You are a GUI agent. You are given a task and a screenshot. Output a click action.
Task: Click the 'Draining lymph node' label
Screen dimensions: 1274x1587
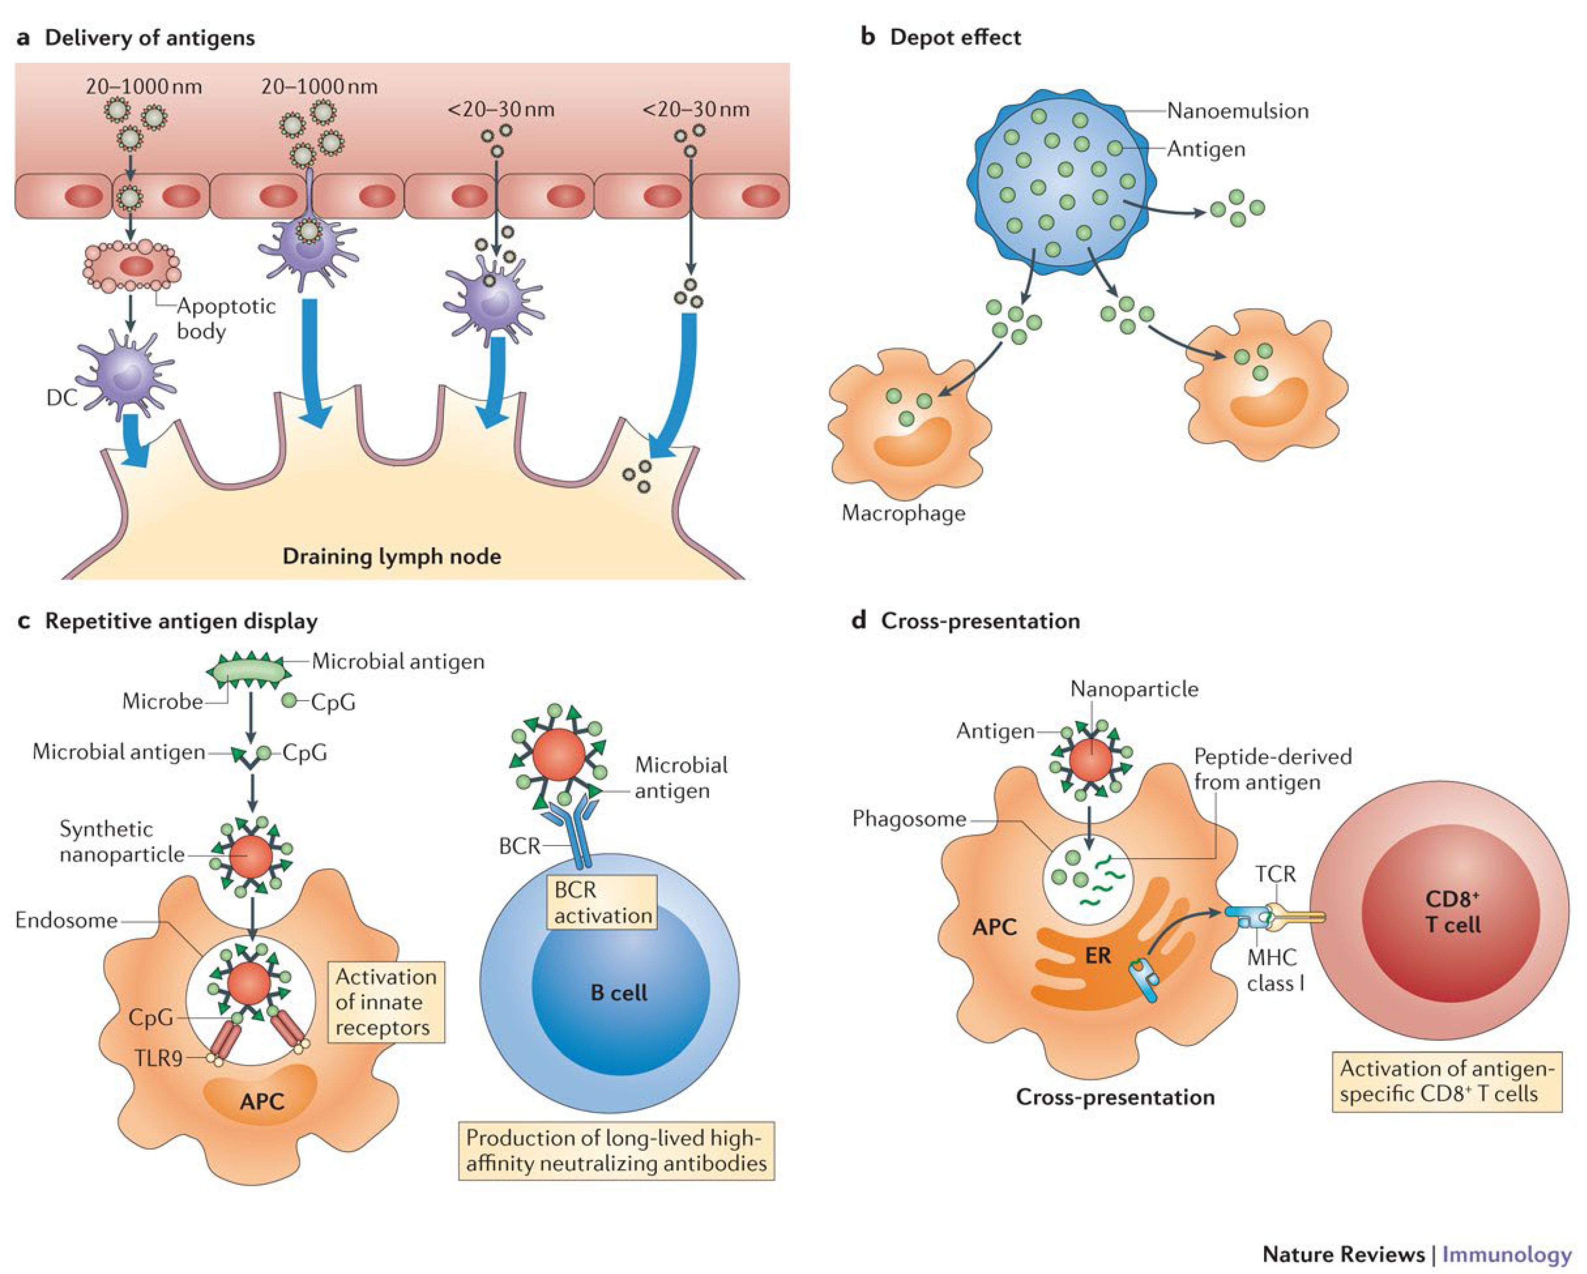[392, 556]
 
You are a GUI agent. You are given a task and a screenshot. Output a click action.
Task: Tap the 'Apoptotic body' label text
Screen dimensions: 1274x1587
[225, 318]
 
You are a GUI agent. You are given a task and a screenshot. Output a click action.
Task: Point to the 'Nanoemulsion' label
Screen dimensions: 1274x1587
[1237, 111]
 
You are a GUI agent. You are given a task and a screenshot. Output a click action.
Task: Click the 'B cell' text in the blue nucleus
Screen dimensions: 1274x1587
[618, 993]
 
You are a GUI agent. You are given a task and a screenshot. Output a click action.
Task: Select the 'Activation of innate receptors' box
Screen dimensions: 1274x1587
[386, 1002]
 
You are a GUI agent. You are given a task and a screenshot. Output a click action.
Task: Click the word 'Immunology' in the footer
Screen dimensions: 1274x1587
[1506, 1253]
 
